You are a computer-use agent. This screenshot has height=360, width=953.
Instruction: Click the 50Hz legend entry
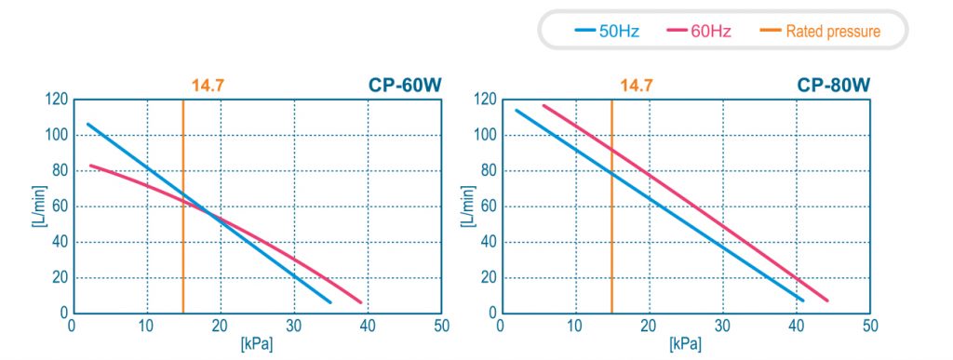(607, 31)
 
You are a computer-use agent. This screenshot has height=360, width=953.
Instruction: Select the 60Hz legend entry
(699, 31)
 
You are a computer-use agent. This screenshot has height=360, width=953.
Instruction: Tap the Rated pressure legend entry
(820, 31)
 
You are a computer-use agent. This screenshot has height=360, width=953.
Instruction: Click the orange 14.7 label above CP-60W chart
(208, 86)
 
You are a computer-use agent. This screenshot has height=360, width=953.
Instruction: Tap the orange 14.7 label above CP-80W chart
(637, 86)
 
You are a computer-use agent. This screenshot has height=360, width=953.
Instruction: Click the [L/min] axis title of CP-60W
(36, 207)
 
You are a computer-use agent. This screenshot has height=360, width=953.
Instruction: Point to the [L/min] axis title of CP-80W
(467, 207)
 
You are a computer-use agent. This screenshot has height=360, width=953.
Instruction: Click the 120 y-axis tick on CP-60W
(57, 99)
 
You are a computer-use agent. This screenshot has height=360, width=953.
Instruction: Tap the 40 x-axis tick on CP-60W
(368, 326)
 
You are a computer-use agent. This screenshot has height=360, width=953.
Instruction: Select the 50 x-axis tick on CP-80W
(870, 326)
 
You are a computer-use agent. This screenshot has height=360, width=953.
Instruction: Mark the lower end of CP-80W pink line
(826, 300)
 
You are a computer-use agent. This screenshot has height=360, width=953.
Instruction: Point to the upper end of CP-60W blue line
(88, 125)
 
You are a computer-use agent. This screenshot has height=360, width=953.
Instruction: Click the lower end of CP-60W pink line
(360, 301)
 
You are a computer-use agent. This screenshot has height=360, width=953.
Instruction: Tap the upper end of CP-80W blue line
(517, 111)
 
